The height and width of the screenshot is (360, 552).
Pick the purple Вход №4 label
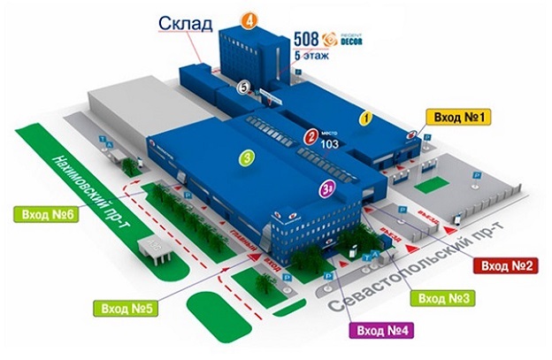(385, 331)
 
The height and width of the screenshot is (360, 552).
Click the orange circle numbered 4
(250, 19)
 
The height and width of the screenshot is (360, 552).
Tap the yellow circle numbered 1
(363, 116)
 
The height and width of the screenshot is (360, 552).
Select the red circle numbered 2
(311, 137)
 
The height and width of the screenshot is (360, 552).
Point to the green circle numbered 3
(249, 159)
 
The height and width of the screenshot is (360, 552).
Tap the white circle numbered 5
(243, 86)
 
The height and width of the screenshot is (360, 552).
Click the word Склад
(187, 23)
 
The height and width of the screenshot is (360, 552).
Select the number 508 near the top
(306, 39)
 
